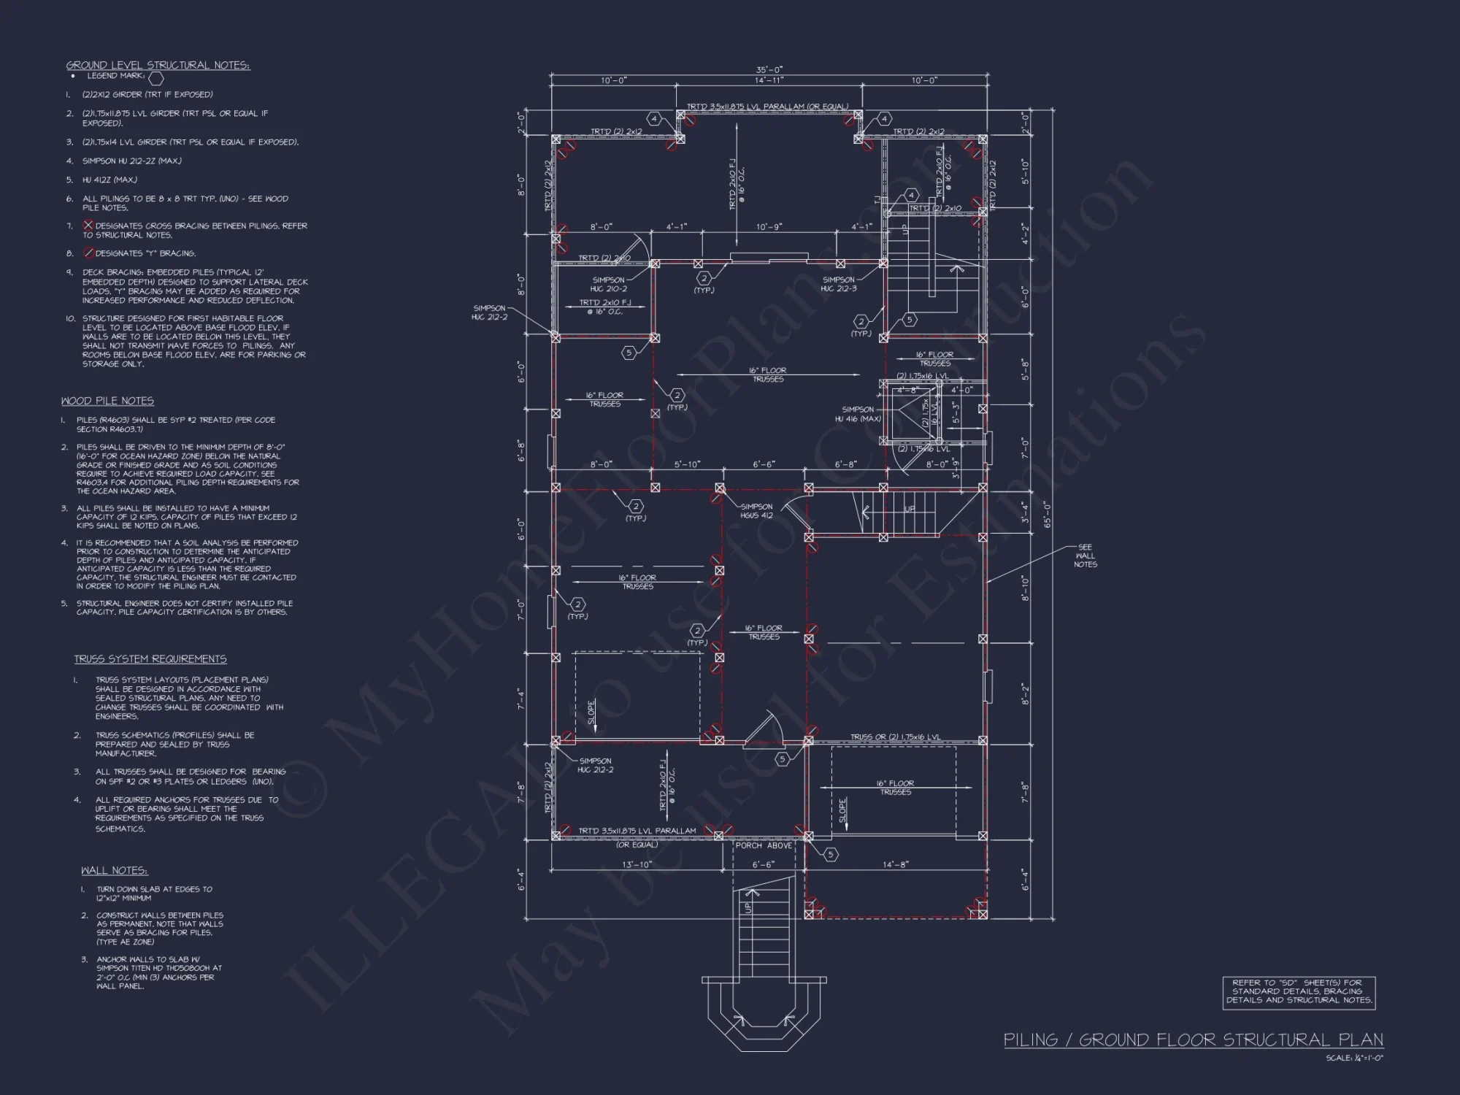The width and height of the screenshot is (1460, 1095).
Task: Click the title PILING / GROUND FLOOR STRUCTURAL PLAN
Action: click(1193, 1040)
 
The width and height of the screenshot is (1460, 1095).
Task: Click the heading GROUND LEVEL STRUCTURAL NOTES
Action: click(158, 65)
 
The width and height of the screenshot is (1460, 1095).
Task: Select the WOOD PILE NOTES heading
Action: click(107, 401)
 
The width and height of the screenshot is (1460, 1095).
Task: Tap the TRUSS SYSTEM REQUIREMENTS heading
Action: click(150, 659)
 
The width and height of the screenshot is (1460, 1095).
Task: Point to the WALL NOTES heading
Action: click(114, 871)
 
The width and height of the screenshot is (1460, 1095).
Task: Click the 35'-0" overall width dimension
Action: click(769, 70)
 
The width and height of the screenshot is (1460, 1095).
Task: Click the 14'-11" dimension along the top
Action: click(769, 80)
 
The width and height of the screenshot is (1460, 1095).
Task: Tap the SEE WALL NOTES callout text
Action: click(1085, 556)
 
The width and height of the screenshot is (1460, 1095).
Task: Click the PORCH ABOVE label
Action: click(764, 845)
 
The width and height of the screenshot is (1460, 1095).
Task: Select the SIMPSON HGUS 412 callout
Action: click(756, 511)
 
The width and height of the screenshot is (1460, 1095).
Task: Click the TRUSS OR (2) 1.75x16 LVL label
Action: click(895, 737)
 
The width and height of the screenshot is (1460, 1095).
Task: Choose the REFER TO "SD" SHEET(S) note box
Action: click(1298, 991)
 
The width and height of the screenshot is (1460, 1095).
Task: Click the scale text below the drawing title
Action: click(1354, 1058)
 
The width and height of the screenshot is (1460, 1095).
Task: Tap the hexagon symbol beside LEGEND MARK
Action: click(156, 78)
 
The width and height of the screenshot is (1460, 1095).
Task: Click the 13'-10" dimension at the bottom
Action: click(637, 864)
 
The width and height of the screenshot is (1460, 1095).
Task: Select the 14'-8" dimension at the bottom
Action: click(895, 864)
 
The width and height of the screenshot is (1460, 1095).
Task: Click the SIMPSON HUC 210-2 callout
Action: click(608, 285)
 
